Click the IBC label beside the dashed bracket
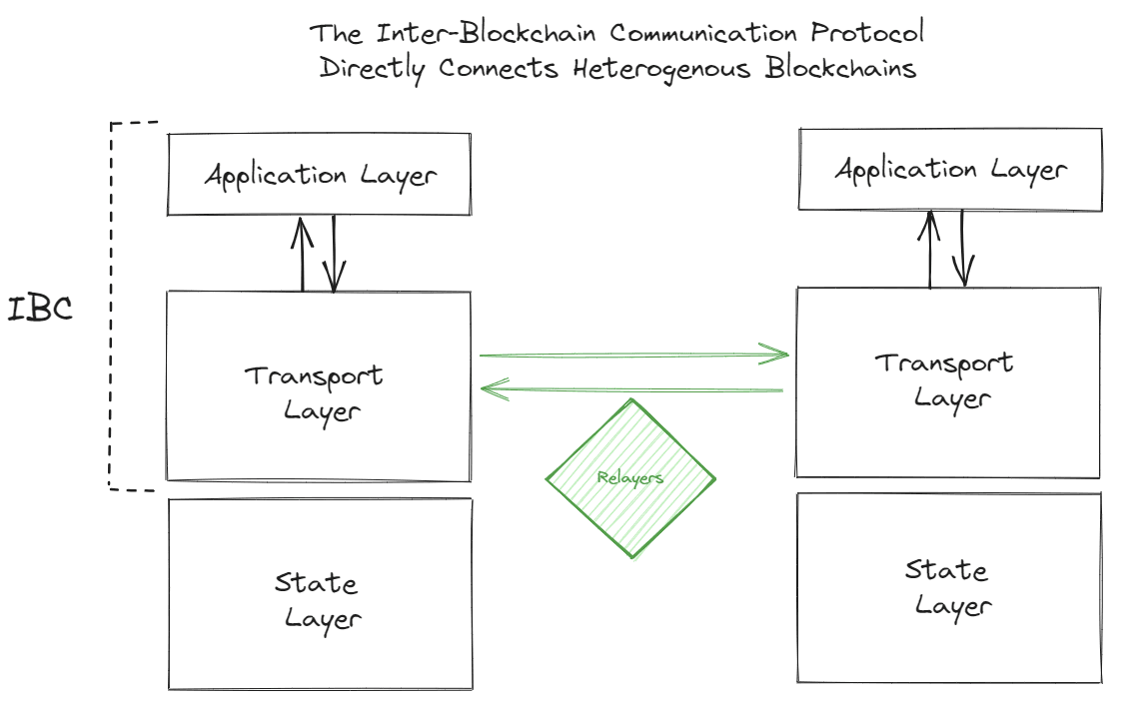[x=40, y=309]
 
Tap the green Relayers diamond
[x=630, y=478]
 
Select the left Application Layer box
[x=319, y=175]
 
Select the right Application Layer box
[x=950, y=169]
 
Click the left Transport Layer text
[x=316, y=392]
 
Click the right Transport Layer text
[x=945, y=379]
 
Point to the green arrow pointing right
[x=633, y=354]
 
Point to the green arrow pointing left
[x=631, y=388]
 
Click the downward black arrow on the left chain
[x=334, y=254]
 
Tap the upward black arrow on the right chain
[x=929, y=249]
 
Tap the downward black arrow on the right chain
[x=963, y=249]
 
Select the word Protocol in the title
[x=867, y=33]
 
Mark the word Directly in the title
[x=372, y=70]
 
